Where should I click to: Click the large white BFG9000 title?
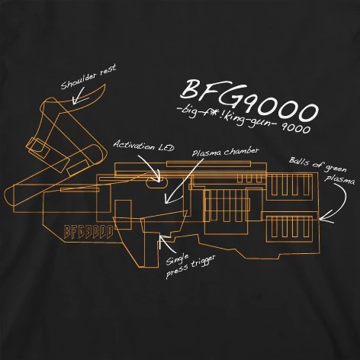click(249, 100)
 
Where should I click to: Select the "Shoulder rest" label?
click(88, 76)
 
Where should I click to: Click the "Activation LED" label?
click(144, 146)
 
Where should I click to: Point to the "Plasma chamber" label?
click(225, 152)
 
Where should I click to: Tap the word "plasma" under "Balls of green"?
click(339, 178)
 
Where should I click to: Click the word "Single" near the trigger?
click(177, 259)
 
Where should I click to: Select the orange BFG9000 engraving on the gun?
click(88, 231)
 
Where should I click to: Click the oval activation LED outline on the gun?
click(156, 183)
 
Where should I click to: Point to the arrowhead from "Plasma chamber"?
click(168, 199)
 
